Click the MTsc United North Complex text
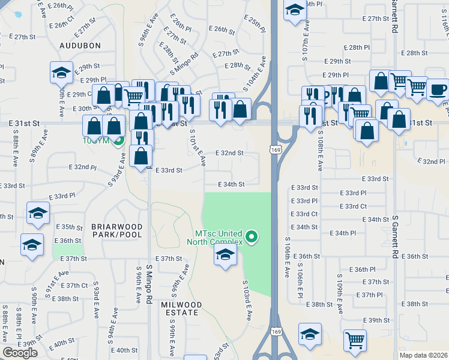(218, 238)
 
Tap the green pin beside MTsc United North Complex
(252, 238)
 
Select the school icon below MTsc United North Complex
(224, 256)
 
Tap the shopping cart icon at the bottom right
(355, 340)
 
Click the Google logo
(20, 353)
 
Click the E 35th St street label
(71, 227)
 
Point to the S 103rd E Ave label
(247, 299)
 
